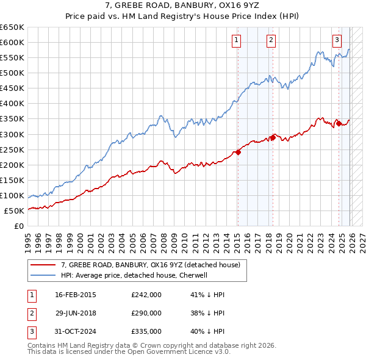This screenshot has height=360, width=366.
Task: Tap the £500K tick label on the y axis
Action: click(12, 73)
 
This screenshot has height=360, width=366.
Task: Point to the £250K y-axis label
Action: click(12, 149)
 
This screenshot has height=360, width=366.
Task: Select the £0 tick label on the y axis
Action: click(18, 226)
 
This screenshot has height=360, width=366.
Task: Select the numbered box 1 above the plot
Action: click(236, 41)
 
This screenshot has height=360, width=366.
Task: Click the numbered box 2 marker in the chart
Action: click(271, 41)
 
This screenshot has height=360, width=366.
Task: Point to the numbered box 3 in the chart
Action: click(337, 41)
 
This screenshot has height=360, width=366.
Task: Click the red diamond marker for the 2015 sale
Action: click(238, 152)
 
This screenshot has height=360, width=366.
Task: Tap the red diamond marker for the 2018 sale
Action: click(273, 137)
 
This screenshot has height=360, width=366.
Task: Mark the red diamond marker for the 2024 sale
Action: click(339, 124)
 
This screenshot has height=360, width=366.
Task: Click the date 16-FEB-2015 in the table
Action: click(76, 295)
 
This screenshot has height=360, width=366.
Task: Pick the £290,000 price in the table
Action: click(146, 313)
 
